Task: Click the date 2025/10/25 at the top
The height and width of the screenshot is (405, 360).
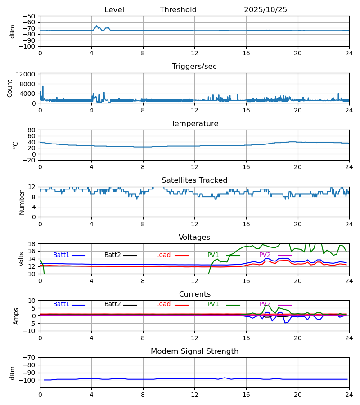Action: [x=265, y=10]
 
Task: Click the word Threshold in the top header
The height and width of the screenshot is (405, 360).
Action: [x=178, y=10]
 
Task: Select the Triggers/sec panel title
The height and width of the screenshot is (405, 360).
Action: [x=194, y=67]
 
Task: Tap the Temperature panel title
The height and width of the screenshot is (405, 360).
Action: [x=194, y=124]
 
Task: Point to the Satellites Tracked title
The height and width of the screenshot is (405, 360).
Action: [x=194, y=180]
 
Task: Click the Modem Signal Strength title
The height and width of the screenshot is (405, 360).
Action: [x=194, y=351]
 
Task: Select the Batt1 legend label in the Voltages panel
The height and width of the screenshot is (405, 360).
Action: [x=61, y=255]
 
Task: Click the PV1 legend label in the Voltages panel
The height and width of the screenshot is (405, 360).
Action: [x=213, y=255]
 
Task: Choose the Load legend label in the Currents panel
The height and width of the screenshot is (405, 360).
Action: [x=163, y=304]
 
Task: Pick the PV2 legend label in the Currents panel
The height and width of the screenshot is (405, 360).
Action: [x=265, y=304]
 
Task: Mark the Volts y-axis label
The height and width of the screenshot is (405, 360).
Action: [x=22, y=259]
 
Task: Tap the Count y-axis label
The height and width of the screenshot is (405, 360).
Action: [x=10, y=88]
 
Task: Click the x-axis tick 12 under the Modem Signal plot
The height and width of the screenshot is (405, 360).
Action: [x=194, y=395]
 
